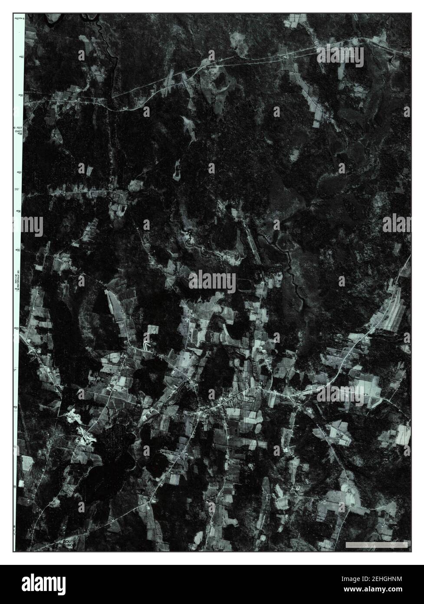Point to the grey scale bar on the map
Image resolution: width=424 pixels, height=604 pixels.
[x=376, y=544]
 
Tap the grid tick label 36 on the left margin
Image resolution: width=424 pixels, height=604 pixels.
[x=20, y=212]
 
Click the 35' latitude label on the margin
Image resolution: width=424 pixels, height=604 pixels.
[x=18, y=190]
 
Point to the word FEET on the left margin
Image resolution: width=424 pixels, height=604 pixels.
[x=19, y=128]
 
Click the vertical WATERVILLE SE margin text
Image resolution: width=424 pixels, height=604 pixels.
[x=17, y=285]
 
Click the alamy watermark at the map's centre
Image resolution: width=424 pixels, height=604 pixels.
[x=212, y=282]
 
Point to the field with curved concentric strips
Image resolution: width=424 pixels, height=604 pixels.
[x=393, y=311]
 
